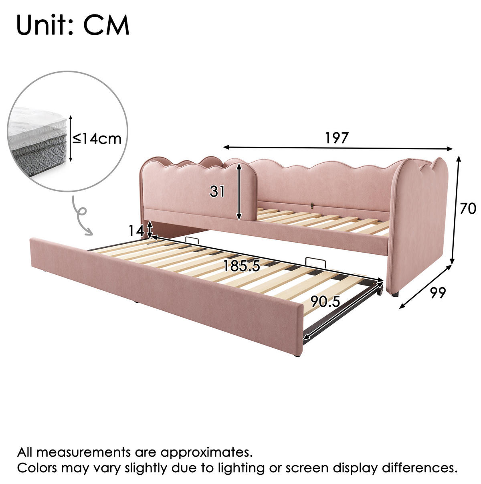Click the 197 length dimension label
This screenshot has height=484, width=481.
337,138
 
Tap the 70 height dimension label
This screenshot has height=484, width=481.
468,209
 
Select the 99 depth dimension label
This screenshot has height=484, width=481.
438,293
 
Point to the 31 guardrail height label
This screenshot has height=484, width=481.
217,192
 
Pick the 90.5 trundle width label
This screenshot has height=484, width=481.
325,302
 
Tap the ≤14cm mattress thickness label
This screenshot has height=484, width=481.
97,138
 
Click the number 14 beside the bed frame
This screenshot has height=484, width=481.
136,231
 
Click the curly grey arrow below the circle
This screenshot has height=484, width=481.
81,215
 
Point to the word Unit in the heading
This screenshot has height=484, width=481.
45,25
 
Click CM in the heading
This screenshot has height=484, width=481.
107,25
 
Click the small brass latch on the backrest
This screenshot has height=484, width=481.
312,205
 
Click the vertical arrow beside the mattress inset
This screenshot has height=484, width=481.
71,138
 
